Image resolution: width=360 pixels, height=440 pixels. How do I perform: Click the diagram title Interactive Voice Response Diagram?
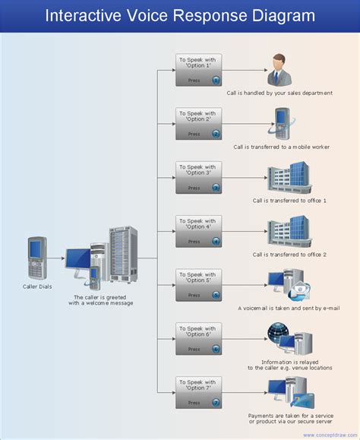[x=179, y=15]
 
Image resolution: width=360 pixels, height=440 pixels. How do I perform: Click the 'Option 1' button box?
[x=199, y=70]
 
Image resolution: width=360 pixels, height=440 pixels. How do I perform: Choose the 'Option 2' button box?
[x=199, y=124]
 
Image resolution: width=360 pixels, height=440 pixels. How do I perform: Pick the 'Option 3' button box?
[x=199, y=178]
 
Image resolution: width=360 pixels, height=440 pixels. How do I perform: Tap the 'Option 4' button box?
[x=199, y=232]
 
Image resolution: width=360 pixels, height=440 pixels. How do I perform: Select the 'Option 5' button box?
[x=199, y=286]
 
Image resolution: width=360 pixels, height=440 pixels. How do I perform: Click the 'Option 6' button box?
[x=199, y=340]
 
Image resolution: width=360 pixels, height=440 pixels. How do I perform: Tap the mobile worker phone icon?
[x=282, y=123]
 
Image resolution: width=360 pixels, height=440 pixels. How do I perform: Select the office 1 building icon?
[x=289, y=177]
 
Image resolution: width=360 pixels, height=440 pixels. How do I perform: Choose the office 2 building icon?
[x=289, y=232]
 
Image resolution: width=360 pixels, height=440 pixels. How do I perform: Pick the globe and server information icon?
[x=289, y=338]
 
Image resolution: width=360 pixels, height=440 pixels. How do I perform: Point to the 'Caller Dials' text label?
[x=37, y=287]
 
